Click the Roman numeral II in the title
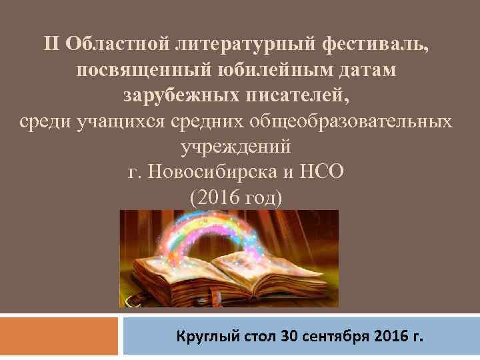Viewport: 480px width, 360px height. coord(53,45)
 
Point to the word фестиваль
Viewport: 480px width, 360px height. coord(376,45)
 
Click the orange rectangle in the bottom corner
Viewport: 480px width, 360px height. coord(59,337)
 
